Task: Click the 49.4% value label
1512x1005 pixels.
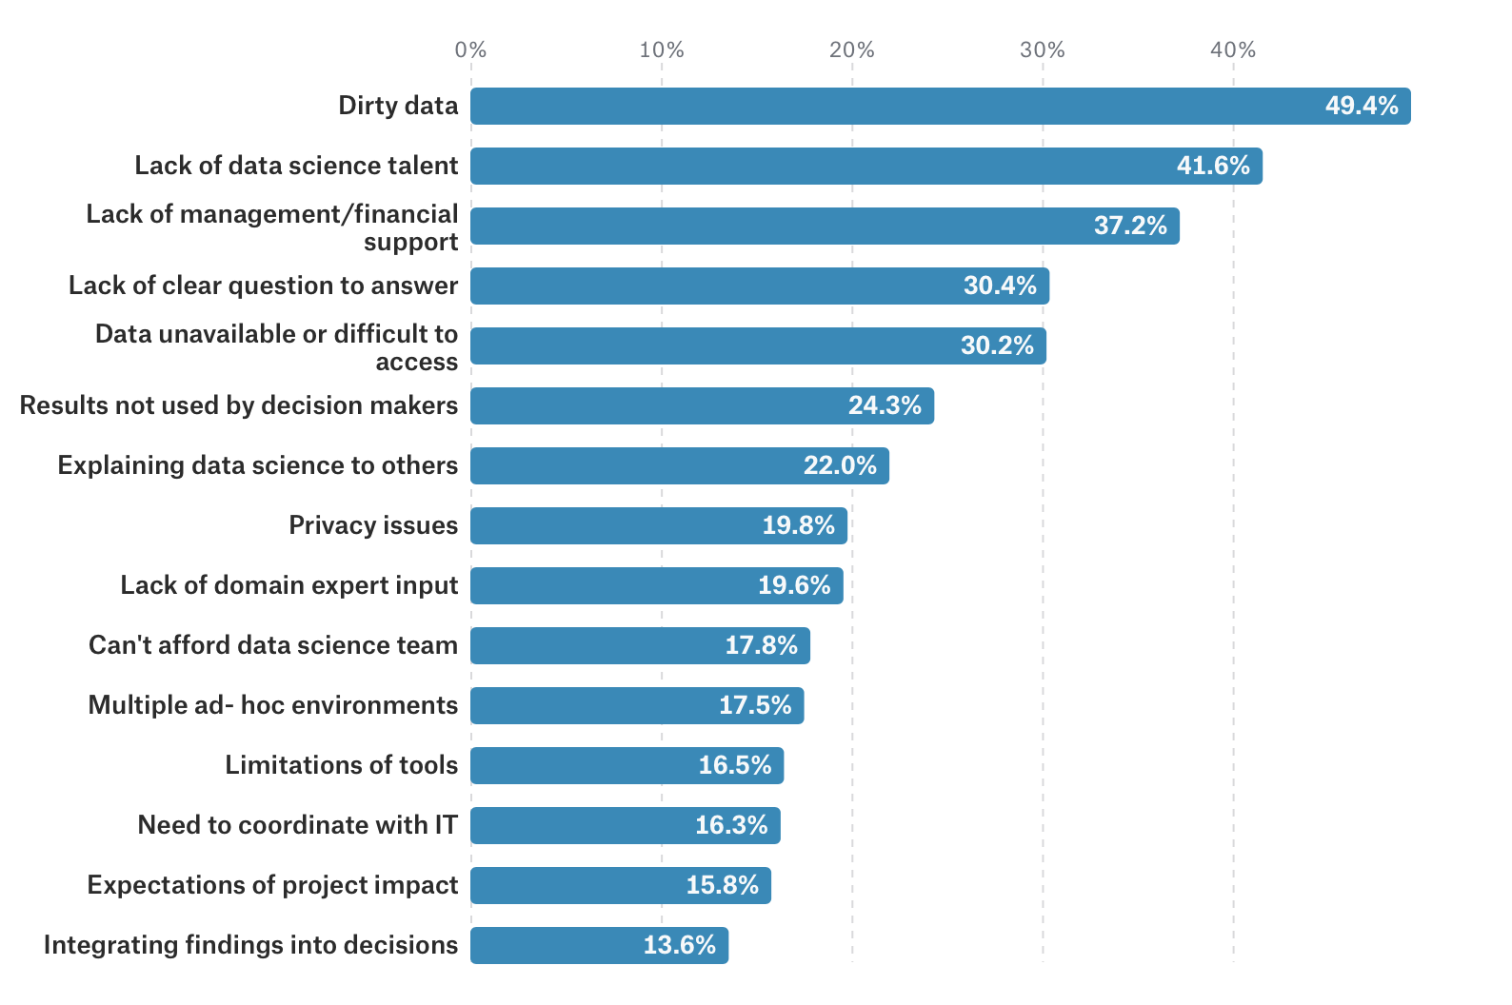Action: [x=1362, y=106]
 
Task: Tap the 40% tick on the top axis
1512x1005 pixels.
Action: [x=1233, y=50]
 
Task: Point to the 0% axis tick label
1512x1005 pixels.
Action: [x=470, y=50]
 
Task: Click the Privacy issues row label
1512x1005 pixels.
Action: [x=373, y=525]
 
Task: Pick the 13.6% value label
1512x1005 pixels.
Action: [x=679, y=945]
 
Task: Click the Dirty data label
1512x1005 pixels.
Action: [x=398, y=106]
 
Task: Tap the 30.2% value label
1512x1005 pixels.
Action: [x=997, y=345]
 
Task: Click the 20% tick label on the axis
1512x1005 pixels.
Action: [x=851, y=50]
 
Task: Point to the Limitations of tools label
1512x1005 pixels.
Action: [x=341, y=765]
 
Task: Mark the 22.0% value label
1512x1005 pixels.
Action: [x=840, y=465]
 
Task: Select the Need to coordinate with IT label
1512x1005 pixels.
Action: [x=297, y=825]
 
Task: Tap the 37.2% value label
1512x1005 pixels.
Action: [x=1130, y=226]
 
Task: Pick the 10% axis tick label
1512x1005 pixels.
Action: [x=661, y=50]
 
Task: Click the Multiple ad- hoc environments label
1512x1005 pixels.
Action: [x=272, y=705]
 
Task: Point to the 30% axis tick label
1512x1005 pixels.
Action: [x=1042, y=50]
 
